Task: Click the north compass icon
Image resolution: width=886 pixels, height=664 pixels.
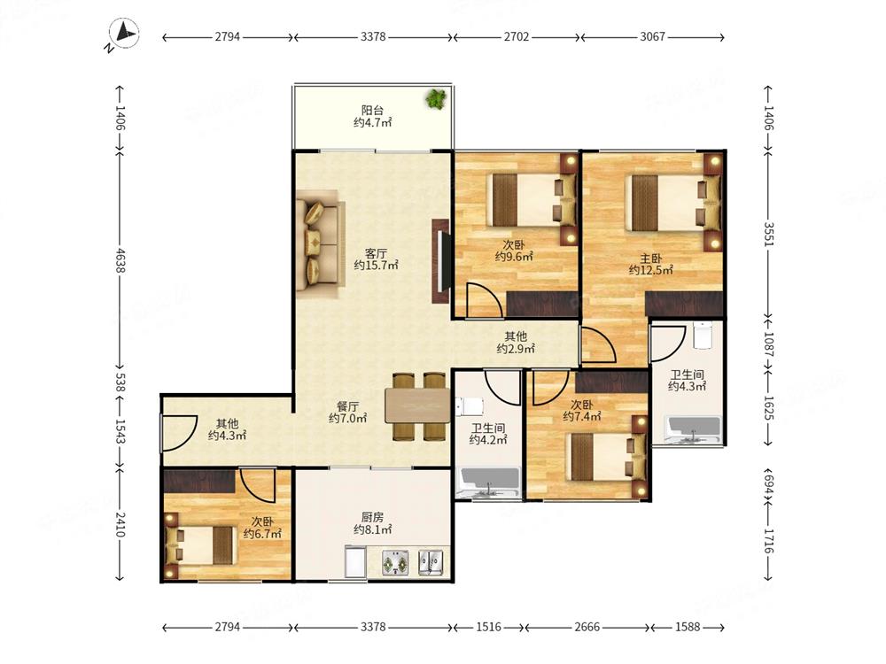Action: pyautogui.click(x=124, y=34)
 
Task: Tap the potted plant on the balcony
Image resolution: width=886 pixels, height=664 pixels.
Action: pyautogui.click(x=436, y=99)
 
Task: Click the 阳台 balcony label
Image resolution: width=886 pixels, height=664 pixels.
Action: pyautogui.click(x=372, y=110)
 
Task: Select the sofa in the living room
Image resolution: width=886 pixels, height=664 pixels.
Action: pyautogui.click(x=319, y=244)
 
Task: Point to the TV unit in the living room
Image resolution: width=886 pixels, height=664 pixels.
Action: pyautogui.click(x=441, y=261)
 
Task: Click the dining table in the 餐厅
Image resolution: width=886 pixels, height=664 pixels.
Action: pyautogui.click(x=417, y=405)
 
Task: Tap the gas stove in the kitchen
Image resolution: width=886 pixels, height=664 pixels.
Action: pyautogui.click(x=395, y=563)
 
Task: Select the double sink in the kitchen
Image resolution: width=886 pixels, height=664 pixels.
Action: pyautogui.click(x=431, y=562)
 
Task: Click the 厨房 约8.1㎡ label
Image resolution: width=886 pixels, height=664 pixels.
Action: pyautogui.click(x=372, y=523)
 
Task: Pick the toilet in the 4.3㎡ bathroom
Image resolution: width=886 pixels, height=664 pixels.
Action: pyautogui.click(x=702, y=336)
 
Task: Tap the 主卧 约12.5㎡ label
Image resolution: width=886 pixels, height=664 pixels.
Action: pyautogui.click(x=651, y=264)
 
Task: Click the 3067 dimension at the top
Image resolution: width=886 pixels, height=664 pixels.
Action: pyautogui.click(x=653, y=36)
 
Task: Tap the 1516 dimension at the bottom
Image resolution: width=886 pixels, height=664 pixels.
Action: pyautogui.click(x=488, y=627)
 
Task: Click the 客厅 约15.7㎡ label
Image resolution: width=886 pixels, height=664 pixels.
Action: pyautogui.click(x=376, y=259)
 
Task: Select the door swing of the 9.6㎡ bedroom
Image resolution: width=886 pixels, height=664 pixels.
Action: pyautogui.click(x=485, y=300)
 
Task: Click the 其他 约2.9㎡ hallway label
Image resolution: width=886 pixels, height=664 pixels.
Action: pyautogui.click(x=516, y=343)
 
